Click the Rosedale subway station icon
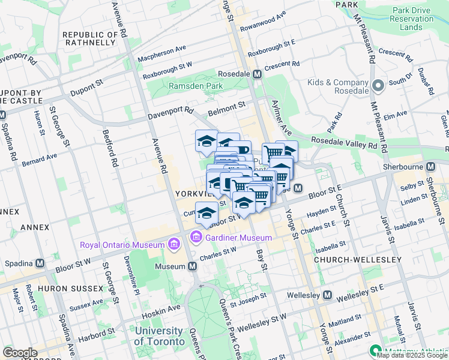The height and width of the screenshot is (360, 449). coord(257,74)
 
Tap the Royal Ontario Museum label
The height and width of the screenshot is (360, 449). coord(122,245)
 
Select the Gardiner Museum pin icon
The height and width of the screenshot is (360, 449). coord(196,238)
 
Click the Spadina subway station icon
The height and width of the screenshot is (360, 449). coord(40,263)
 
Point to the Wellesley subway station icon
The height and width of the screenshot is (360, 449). coord(327,295)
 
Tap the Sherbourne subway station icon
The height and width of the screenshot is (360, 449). coord(430,167)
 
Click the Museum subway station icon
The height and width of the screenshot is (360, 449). coord(191,266)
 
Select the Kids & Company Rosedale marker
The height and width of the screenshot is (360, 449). coord(378,86)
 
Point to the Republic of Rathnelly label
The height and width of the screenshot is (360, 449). coord(90,38)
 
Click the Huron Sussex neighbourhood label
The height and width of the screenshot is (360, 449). coord(71,289)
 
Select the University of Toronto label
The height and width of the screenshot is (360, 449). coord(158,336)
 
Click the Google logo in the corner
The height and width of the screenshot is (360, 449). coord(20,353)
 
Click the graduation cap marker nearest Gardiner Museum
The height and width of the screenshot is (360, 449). coord(206,214)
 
